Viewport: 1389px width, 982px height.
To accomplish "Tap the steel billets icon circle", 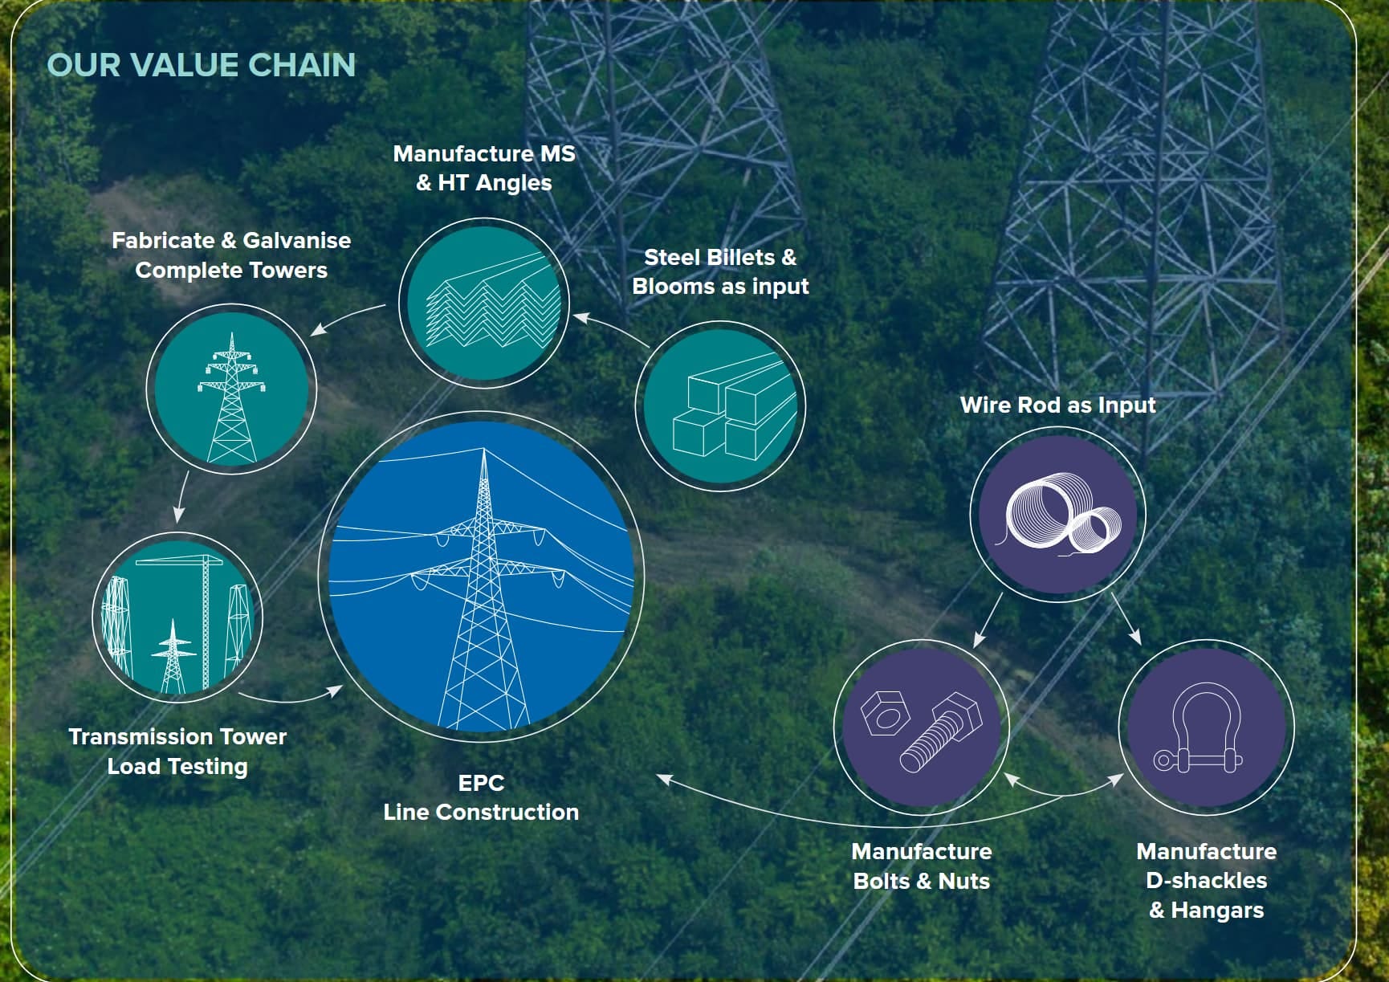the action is click(x=720, y=405).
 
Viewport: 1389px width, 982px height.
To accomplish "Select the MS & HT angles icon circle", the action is click(x=484, y=304).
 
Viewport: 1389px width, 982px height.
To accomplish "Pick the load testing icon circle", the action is click(x=177, y=617).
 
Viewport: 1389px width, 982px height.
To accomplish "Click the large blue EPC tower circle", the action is click(x=481, y=576).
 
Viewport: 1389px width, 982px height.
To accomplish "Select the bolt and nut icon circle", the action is click(x=922, y=727).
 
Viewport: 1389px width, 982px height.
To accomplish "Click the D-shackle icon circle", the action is click(x=1206, y=727).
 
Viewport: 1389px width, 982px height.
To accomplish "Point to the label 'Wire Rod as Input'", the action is click(x=1057, y=405).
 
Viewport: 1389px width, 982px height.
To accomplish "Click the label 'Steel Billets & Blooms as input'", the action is click(x=720, y=272).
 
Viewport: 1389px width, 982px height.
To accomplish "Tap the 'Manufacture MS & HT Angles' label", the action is click(x=484, y=168).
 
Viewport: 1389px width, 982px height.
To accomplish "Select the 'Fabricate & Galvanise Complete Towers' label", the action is click(x=231, y=255).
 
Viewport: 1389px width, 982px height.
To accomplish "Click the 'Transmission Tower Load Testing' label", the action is click(x=177, y=752).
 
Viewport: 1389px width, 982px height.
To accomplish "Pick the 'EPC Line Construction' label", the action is click(x=481, y=797).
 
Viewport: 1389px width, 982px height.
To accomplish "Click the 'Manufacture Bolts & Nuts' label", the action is click(x=922, y=866).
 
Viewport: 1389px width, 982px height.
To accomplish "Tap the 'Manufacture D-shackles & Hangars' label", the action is click(x=1206, y=881).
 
